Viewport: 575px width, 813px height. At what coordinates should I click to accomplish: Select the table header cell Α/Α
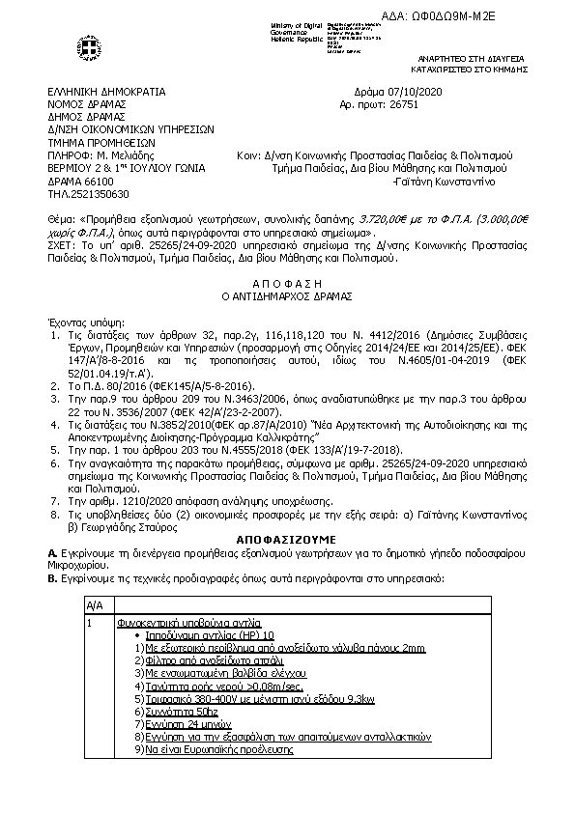tap(95, 604)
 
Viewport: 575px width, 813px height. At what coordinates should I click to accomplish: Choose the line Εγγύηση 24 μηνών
tap(182, 723)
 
